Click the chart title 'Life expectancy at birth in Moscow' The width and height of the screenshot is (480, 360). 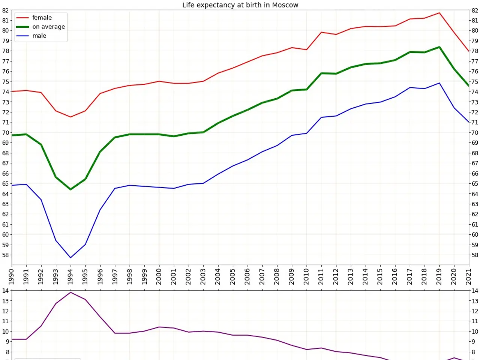click(240, 5)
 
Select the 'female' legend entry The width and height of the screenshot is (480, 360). click(42, 18)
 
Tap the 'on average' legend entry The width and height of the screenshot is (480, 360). click(48, 27)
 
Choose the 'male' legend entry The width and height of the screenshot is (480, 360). click(39, 36)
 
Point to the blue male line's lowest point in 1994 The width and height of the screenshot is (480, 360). click(70, 258)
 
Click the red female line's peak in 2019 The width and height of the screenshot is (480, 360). click(439, 13)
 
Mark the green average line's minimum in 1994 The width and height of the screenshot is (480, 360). click(70, 189)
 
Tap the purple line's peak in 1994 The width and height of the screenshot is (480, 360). click(70, 292)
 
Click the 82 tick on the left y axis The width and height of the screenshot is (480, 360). click(5, 10)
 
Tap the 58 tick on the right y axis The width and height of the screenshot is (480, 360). click(475, 255)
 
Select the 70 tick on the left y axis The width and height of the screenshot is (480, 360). click(5, 133)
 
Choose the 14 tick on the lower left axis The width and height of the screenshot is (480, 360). click(5, 291)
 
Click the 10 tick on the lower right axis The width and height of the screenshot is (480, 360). click(475, 331)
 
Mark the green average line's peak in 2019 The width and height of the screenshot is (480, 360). click(439, 47)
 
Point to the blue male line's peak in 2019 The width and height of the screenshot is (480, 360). click(439, 83)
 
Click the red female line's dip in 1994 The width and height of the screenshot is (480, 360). click(70, 117)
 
